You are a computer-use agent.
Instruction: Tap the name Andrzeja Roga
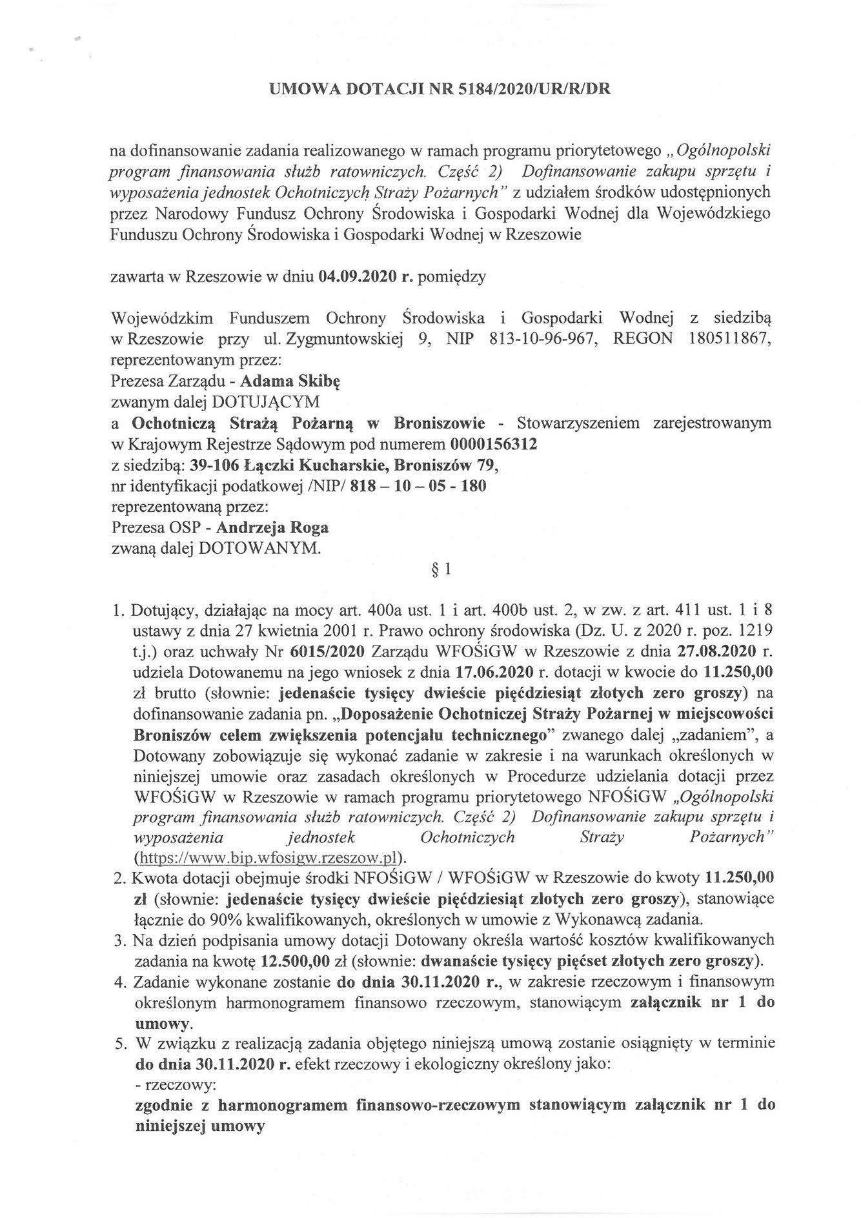pos(272,527)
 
